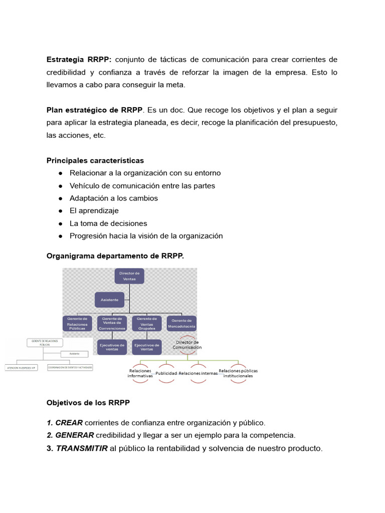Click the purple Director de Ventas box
[x=129, y=276]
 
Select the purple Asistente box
[x=109, y=300]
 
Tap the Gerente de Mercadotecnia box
[x=181, y=323]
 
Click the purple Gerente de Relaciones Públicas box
[x=77, y=323]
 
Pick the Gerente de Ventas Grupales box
[x=146, y=323]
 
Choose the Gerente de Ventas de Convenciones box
[x=112, y=323]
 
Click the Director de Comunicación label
[x=187, y=345]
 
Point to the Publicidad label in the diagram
[x=166, y=373]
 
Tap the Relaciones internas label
[x=198, y=373]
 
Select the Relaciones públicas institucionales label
[x=238, y=373]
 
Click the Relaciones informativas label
[x=140, y=373]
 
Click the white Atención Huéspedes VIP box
[x=22, y=367]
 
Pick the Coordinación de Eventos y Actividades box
[x=70, y=367]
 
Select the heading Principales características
[x=95, y=160]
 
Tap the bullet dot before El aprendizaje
[x=60, y=211]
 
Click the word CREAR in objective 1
[x=69, y=422]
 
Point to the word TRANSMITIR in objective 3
[x=82, y=448]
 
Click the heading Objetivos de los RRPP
[x=88, y=402]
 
